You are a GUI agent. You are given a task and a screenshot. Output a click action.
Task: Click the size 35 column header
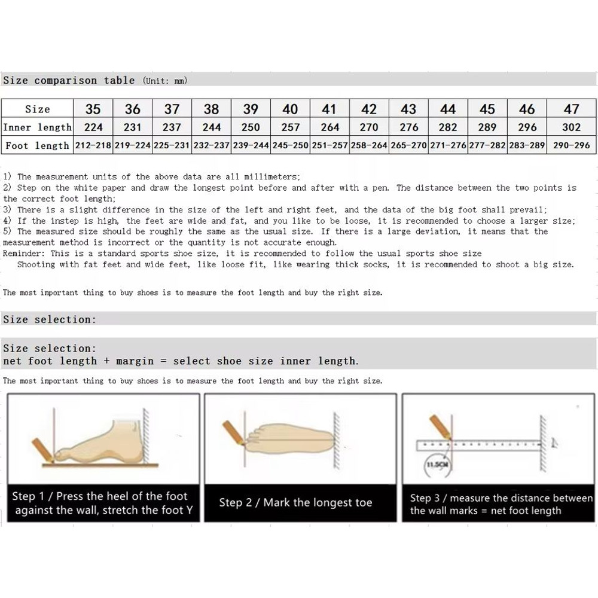coord(93,109)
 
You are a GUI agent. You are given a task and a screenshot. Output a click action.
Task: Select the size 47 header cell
coord(572,109)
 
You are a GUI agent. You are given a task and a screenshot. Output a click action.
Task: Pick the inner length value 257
coord(290,127)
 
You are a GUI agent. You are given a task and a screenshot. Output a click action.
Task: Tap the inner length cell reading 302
coord(572,127)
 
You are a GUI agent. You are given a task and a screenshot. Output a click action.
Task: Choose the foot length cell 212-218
coord(93,145)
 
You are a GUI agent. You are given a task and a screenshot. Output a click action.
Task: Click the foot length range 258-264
coord(369,145)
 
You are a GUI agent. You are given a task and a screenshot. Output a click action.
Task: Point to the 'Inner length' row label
coord(37,127)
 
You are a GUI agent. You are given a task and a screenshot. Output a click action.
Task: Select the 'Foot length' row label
coord(37,145)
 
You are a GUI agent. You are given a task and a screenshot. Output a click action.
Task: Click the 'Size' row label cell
coord(37,109)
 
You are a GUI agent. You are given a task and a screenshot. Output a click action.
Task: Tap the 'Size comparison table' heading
coord(69,80)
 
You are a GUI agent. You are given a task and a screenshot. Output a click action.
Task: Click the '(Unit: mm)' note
coord(164,81)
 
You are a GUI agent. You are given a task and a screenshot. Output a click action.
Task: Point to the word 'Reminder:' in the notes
coord(23,254)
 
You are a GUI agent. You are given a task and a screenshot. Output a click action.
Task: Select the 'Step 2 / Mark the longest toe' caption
coord(295,503)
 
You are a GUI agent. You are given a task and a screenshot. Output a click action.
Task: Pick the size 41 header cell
coord(329,109)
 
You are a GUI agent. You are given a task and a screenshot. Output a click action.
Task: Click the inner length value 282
coord(447,127)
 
